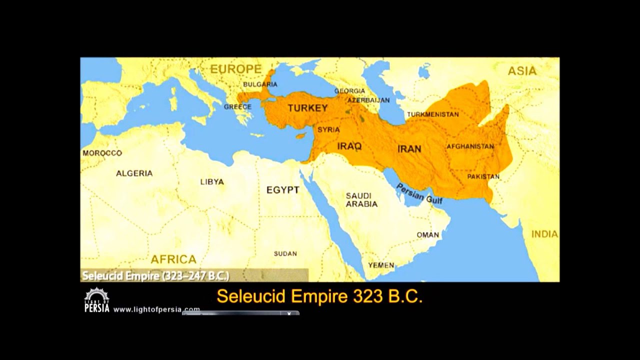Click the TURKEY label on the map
pos(307,108)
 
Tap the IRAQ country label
pos(349,146)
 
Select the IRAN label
pos(409,148)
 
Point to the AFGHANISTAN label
pos(470,146)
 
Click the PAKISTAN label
pos(483,176)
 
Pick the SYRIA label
pos(328,129)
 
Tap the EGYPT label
pos(282,190)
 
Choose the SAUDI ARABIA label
pos(361,199)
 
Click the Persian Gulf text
pos(419,193)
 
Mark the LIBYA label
pos(212,182)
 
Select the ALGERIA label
pos(134,173)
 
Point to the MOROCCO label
pos(102,153)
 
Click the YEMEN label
pos(381,265)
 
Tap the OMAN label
pos(428,234)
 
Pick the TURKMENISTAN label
pos(432,114)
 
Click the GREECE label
pos(237,107)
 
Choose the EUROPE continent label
pos(235,69)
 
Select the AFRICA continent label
pos(173,259)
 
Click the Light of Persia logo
pos(96,300)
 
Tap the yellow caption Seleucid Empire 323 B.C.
pos(319,296)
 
